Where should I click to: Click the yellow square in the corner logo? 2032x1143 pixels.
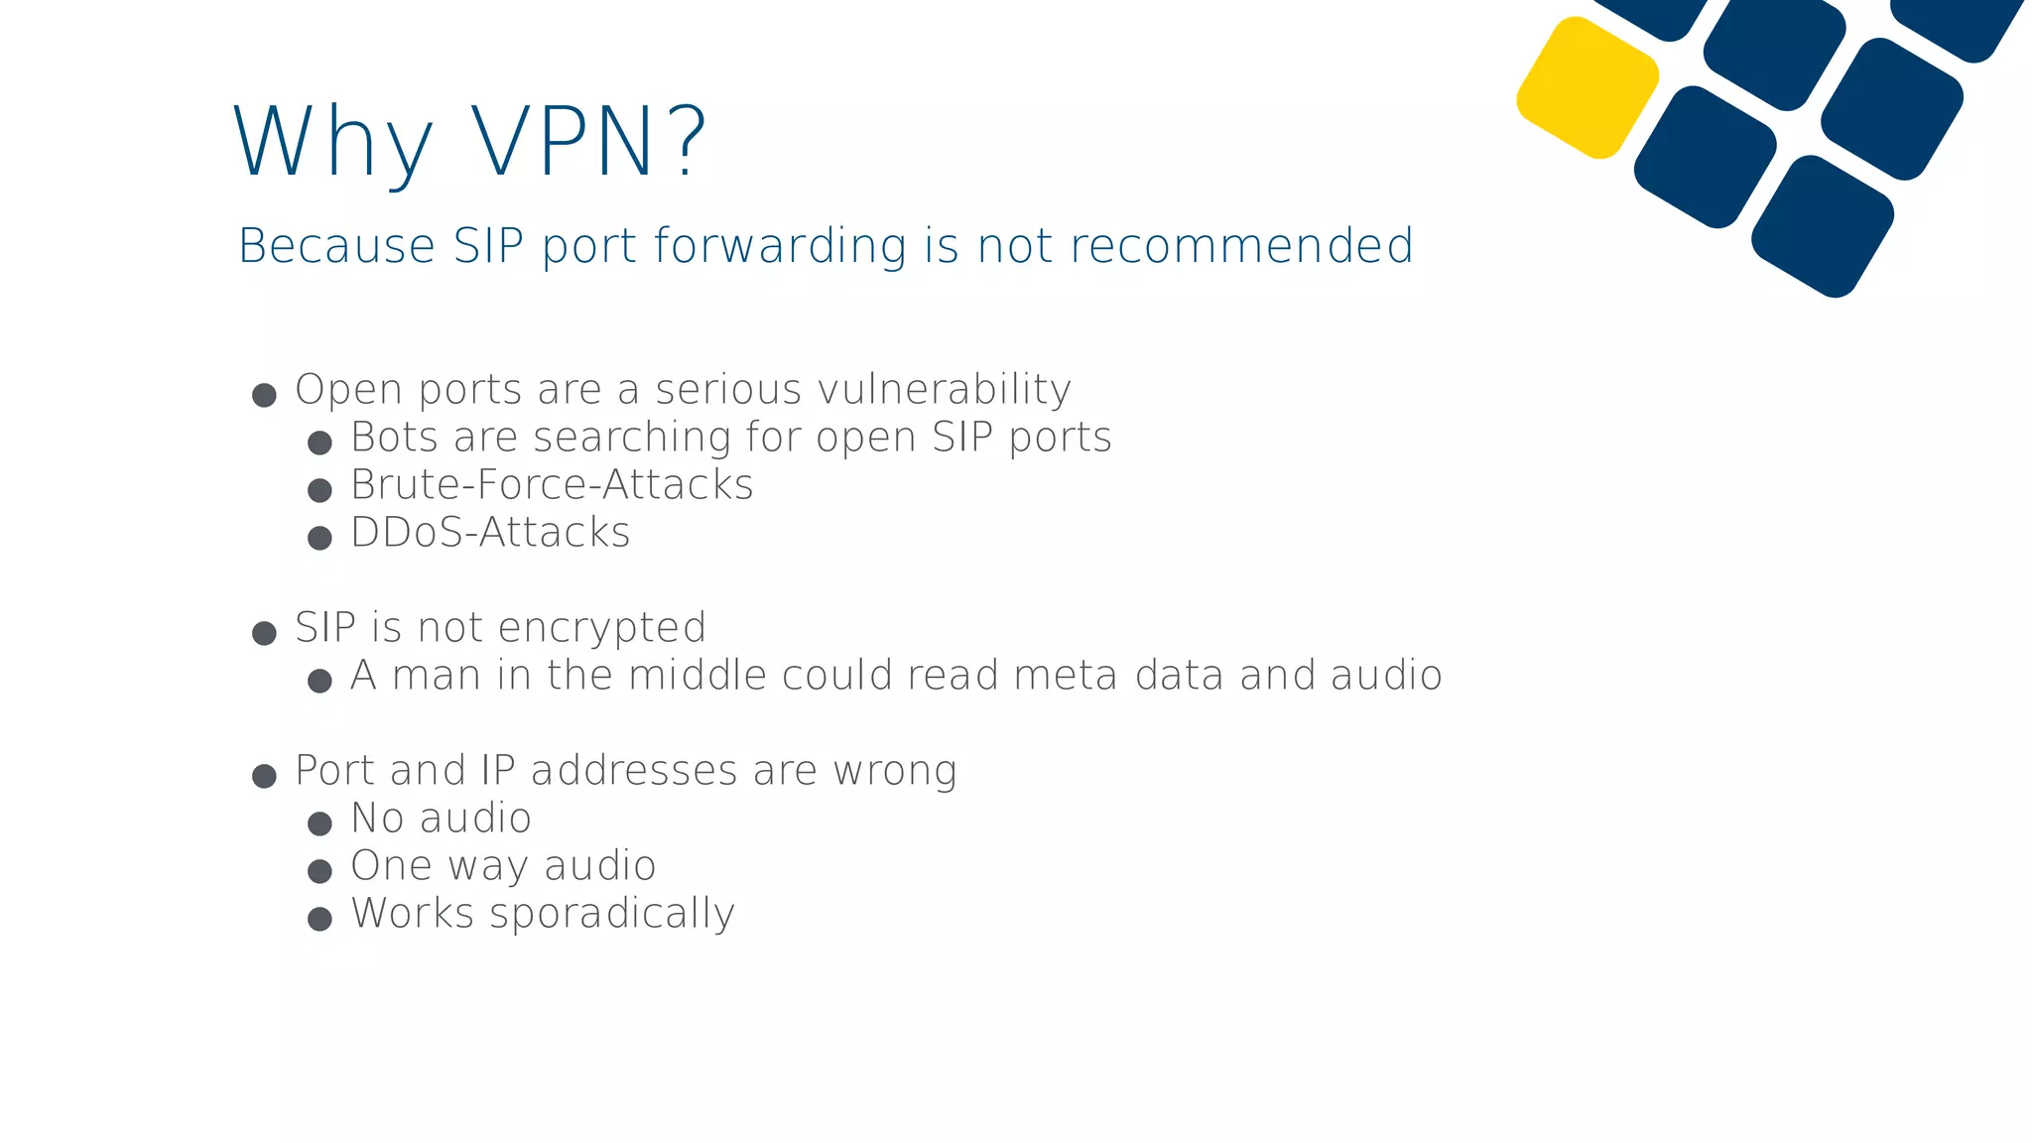(1587, 87)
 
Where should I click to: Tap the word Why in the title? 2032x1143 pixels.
(333, 143)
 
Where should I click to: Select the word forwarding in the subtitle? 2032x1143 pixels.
(780, 246)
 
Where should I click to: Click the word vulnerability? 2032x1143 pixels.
(945, 390)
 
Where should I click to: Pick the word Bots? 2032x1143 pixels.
(394, 438)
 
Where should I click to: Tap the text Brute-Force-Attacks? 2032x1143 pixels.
(552, 485)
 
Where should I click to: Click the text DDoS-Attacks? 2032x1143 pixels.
(490, 533)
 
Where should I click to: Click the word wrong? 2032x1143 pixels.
(895, 771)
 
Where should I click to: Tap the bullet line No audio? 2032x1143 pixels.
(442, 819)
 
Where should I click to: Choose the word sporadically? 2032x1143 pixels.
(612, 914)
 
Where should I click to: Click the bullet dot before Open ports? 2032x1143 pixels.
(264, 396)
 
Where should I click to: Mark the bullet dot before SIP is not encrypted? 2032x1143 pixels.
(264, 633)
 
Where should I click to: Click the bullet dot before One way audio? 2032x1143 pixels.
(319, 871)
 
